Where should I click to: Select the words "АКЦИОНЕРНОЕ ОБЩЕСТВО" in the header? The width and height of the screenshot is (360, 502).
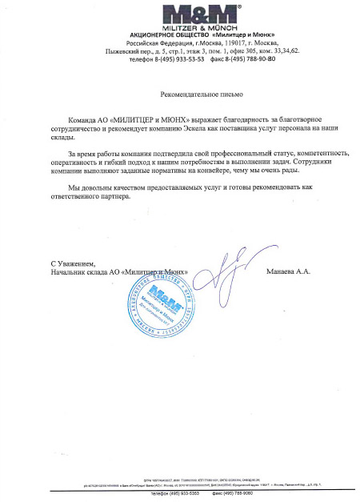[168, 37]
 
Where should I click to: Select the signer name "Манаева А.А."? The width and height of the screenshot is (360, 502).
[288, 271]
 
